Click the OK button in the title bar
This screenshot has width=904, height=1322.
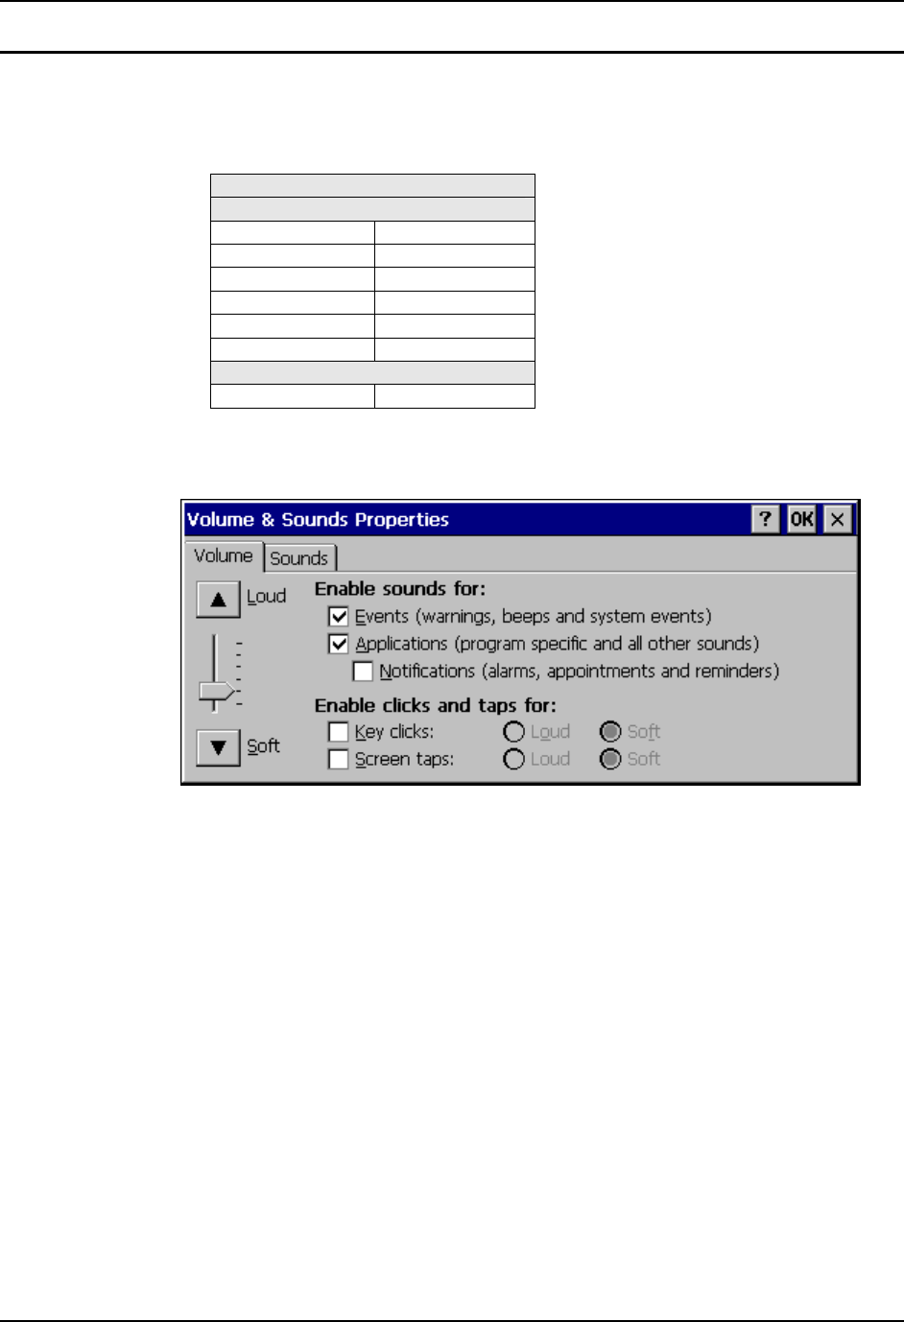pos(801,520)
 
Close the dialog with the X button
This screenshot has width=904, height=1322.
pos(838,520)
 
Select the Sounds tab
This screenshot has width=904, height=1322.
pos(299,558)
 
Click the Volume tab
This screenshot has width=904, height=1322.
pos(224,556)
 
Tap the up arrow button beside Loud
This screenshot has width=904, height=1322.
pos(218,600)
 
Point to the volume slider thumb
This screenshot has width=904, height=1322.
pos(216,691)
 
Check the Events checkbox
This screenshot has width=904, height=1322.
pos(339,617)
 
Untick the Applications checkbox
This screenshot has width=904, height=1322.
pos(339,644)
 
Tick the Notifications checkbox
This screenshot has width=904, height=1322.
pos(363,672)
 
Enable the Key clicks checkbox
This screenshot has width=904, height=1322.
pos(338,732)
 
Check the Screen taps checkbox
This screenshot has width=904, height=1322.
pos(338,759)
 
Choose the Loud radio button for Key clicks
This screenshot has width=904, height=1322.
pos(514,732)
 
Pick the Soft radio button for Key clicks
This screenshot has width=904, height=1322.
pos(610,732)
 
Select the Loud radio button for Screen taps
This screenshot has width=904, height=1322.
pos(514,759)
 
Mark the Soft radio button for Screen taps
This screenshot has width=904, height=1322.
pos(610,759)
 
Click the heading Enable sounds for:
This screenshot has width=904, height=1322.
pos(400,589)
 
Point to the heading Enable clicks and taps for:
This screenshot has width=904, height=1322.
pos(436,705)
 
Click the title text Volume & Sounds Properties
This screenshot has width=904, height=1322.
pos(318,520)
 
